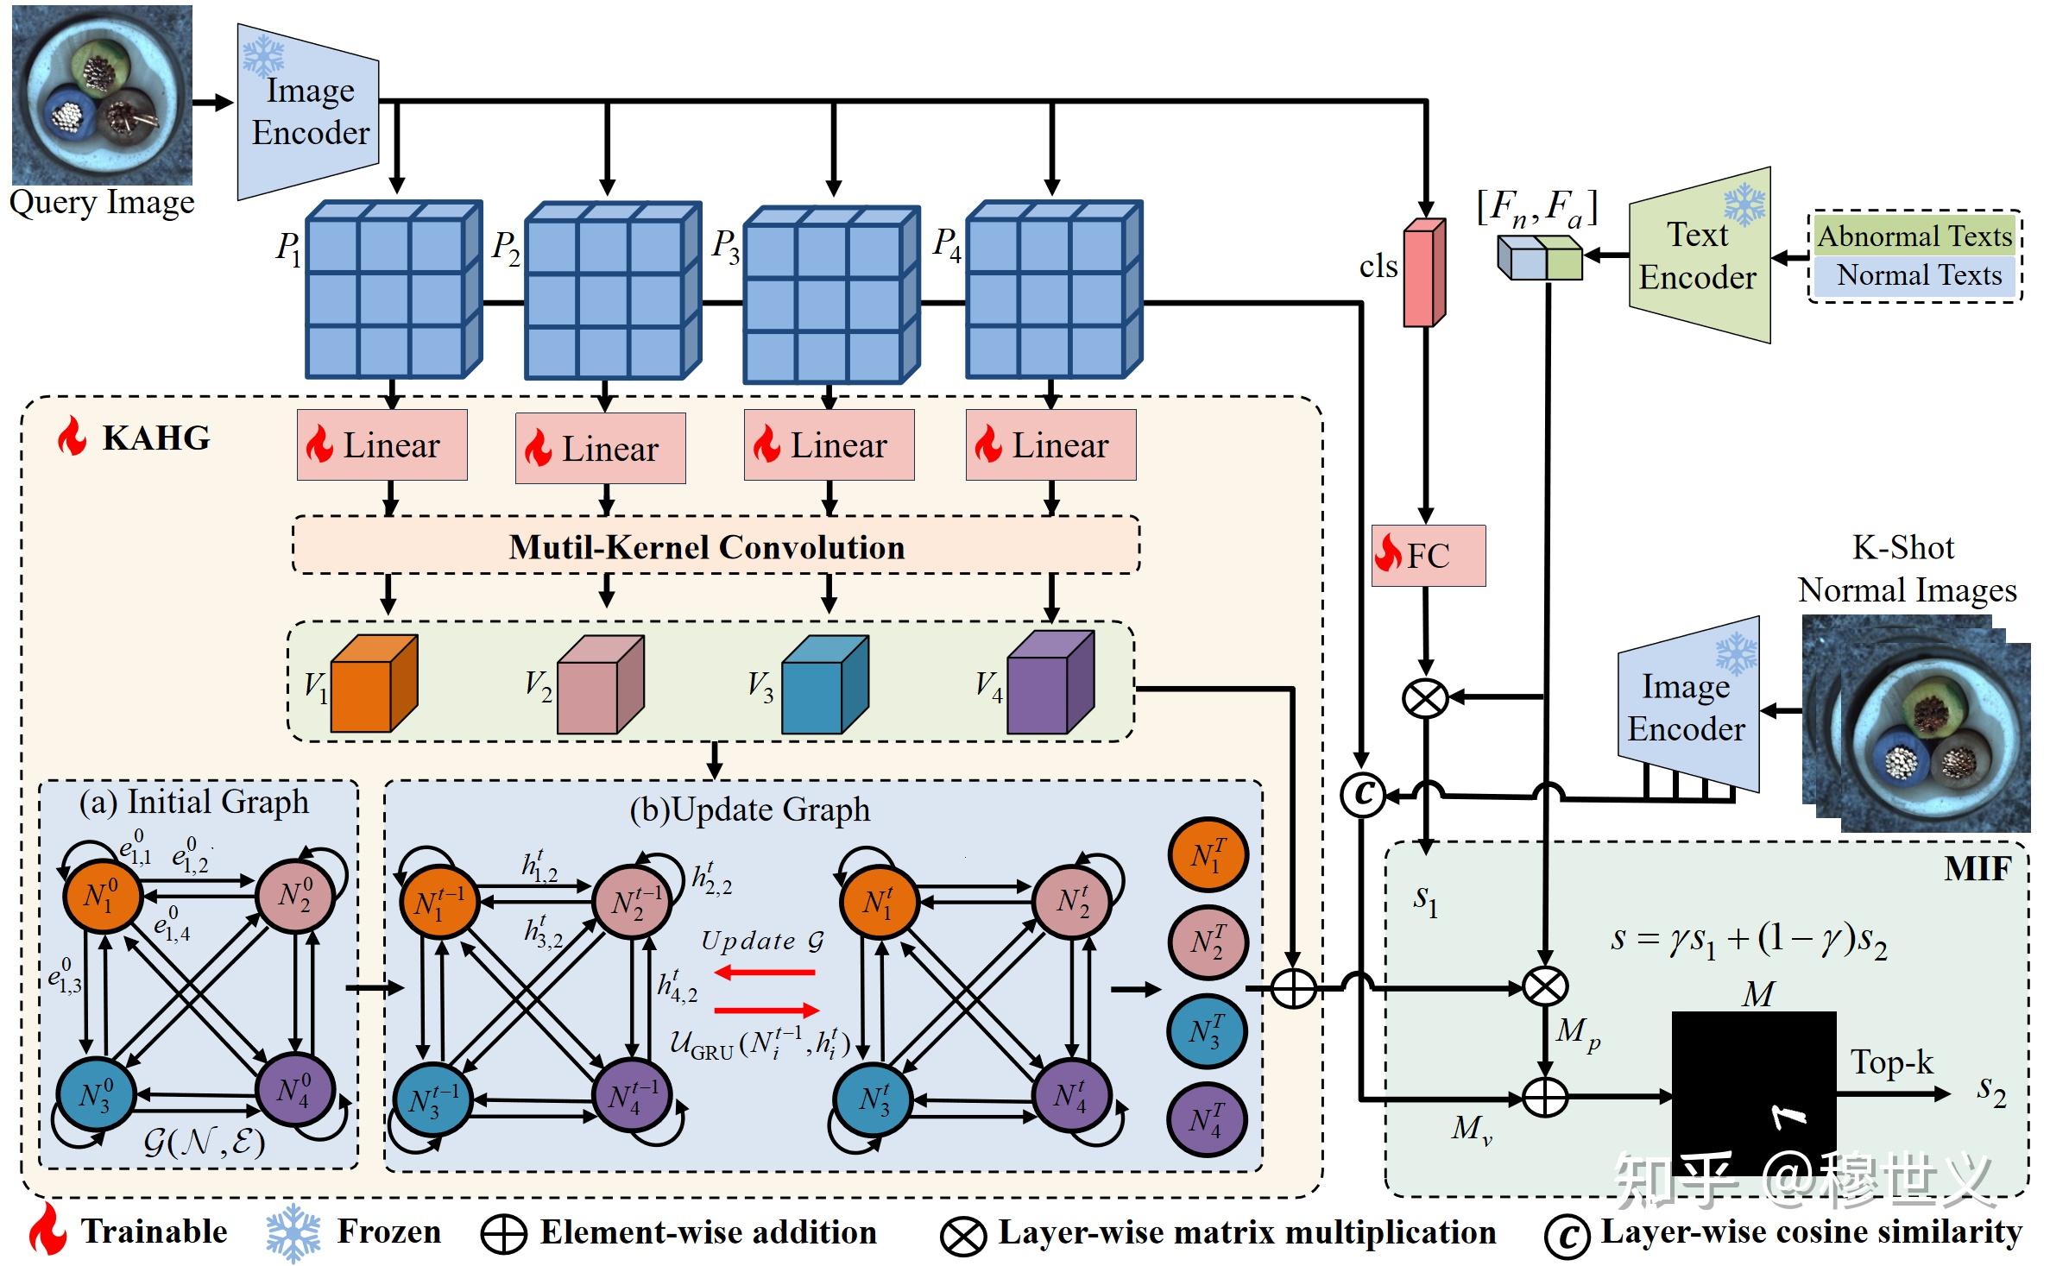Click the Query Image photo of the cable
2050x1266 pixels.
102,95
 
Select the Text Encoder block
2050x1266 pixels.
1699,255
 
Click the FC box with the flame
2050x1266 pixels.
1428,555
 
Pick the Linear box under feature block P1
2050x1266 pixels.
382,445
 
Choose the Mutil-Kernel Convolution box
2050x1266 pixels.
716,546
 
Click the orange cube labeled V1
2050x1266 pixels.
373,683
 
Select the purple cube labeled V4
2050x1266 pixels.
1050,683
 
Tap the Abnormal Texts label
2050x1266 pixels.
1914,236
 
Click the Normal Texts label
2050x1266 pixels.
1918,275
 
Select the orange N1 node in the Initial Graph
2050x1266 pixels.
102,896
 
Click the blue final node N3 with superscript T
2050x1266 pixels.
1206,1032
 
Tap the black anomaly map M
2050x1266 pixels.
1753,1092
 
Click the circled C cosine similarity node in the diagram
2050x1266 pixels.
1362,794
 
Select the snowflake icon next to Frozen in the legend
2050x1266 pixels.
293,1232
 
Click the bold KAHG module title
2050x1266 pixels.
155,438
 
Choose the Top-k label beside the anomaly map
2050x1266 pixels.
1891,1062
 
